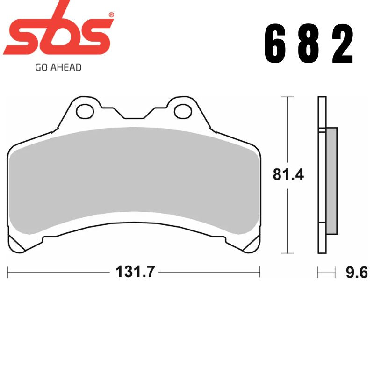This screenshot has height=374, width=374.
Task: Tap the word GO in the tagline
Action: (x=41, y=67)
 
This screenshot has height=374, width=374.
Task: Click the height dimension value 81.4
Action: (x=288, y=175)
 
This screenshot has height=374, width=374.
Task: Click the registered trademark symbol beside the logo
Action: (x=111, y=15)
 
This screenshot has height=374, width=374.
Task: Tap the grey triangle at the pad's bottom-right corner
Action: (x=253, y=245)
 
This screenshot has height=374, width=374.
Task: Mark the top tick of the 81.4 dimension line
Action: (x=287, y=97)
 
